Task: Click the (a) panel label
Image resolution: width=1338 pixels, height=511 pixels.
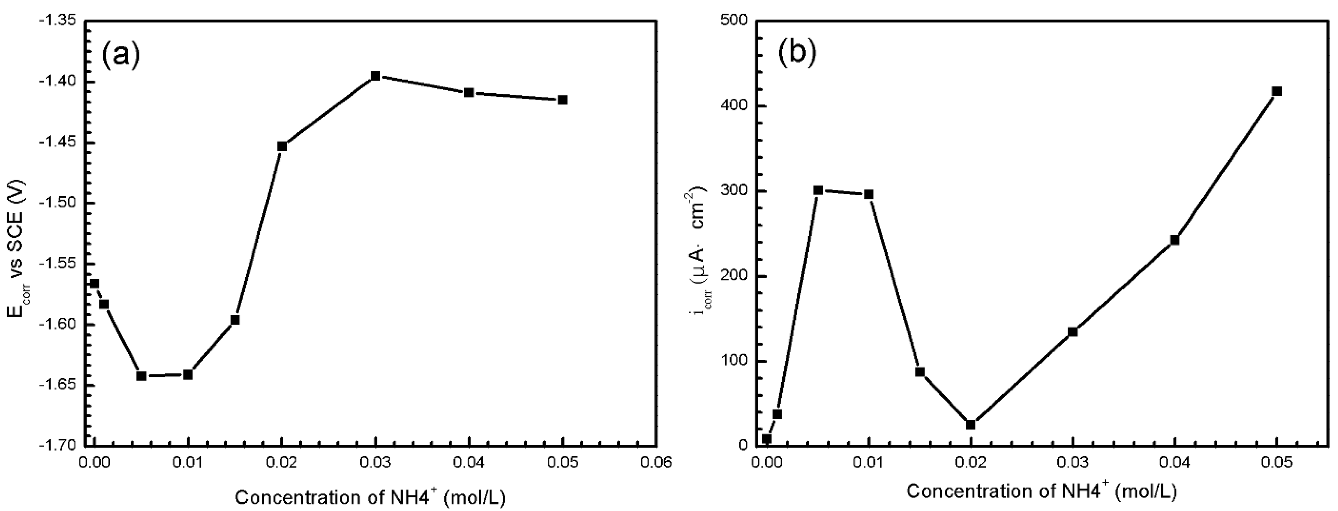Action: pos(120,56)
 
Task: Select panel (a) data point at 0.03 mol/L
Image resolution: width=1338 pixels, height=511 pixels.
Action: pos(375,76)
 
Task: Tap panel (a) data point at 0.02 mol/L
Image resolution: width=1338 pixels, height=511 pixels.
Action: pos(282,147)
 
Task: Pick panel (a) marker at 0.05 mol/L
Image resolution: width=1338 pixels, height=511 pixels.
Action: pos(562,100)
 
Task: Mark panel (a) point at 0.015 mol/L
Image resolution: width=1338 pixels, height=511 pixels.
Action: pos(235,320)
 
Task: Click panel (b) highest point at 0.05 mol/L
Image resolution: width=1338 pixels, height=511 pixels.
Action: pos(1277,91)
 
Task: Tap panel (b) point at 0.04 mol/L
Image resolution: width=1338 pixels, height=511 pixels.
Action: pos(1175,240)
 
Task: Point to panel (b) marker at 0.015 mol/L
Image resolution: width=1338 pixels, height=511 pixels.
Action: pos(920,372)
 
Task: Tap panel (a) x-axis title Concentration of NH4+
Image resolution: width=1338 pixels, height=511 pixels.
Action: pos(370,497)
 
